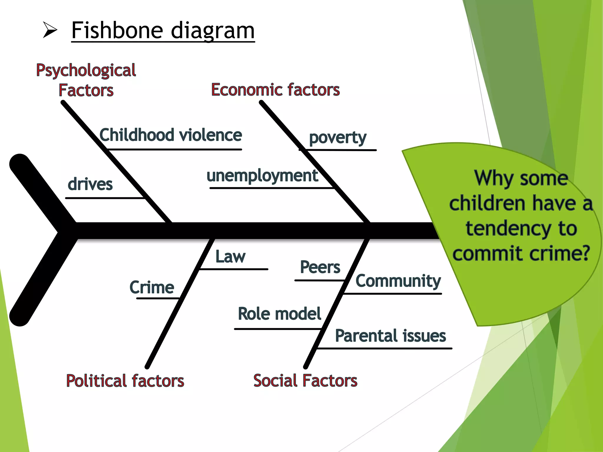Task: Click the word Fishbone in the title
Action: coord(117,30)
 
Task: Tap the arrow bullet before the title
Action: coord(50,30)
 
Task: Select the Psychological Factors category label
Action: coord(86,80)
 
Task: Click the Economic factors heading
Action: coord(275,90)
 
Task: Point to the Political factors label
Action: coord(125,381)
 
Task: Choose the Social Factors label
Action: coord(305,380)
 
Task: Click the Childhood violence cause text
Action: coord(170,135)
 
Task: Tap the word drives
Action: coord(90,184)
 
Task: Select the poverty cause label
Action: coord(337,138)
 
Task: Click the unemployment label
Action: coord(262,176)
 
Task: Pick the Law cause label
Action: coord(230,257)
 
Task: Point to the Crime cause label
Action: coord(152,287)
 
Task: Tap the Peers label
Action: coord(320,267)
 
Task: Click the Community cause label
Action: coord(398,281)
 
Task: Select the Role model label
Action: coord(279,314)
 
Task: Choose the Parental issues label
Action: coord(390,336)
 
